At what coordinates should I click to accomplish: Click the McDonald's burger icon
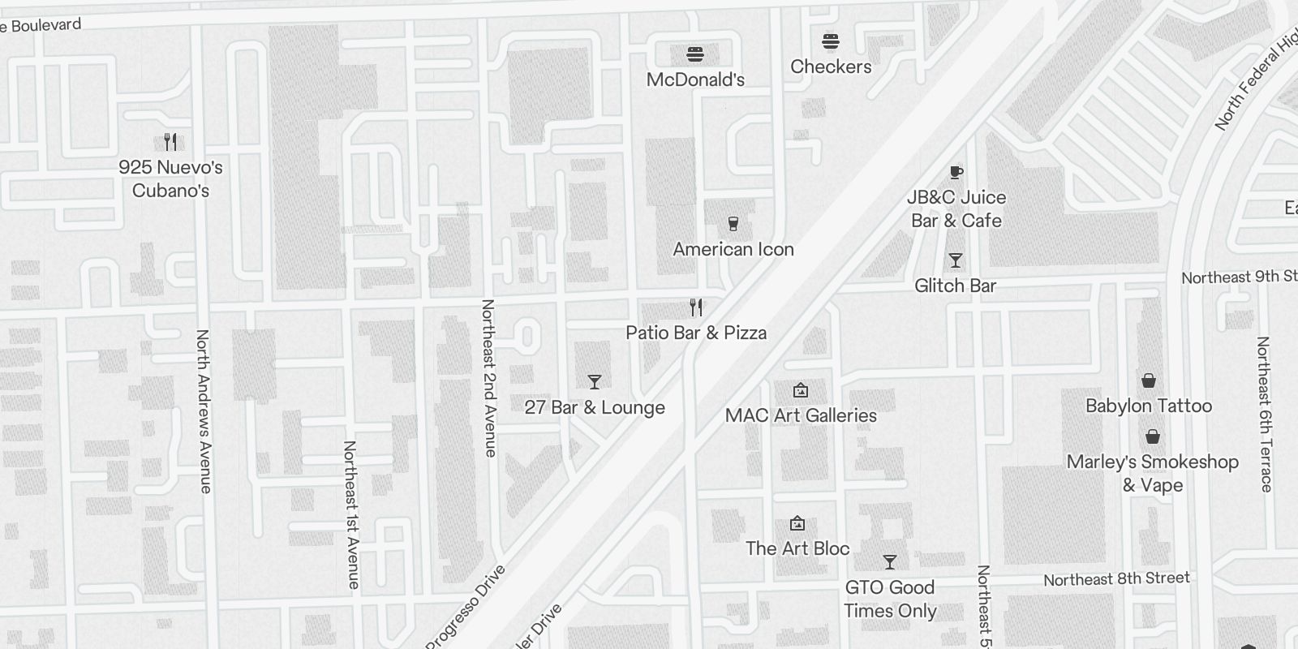click(x=695, y=55)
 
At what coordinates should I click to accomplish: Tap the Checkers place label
click(x=831, y=67)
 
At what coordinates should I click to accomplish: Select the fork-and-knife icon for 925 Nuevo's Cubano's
click(x=170, y=143)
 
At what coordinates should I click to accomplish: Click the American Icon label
click(x=733, y=249)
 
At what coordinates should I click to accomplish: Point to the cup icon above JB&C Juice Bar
click(x=956, y=172)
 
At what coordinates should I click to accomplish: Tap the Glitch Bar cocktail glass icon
click(x=956, y=260)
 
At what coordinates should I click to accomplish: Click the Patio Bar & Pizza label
click(x=696, y=333)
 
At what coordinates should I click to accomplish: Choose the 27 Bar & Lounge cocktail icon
click(x=595, y=381)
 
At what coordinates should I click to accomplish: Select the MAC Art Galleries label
click(x=801, y=415)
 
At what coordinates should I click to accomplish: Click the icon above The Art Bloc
click(x=797, y=523)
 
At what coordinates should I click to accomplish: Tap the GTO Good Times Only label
click(x=890, y=599)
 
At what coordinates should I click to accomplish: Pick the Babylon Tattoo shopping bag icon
click(x=1149, y=380)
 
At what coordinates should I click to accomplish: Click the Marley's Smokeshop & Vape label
click(x=1152, y=473)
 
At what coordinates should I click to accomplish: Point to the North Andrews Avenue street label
click(x=204, y=410)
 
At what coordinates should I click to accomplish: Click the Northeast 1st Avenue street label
click(x=351, y=514)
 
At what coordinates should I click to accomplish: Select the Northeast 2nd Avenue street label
click(x=488, y=378)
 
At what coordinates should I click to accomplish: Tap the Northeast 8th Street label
click(x=1116, y=579)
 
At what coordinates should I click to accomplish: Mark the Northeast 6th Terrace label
click(x=1264, y=414)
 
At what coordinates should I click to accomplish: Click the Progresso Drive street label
click(x=466, y=608)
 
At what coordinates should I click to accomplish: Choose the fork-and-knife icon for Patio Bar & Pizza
click(x=696, y=307)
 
